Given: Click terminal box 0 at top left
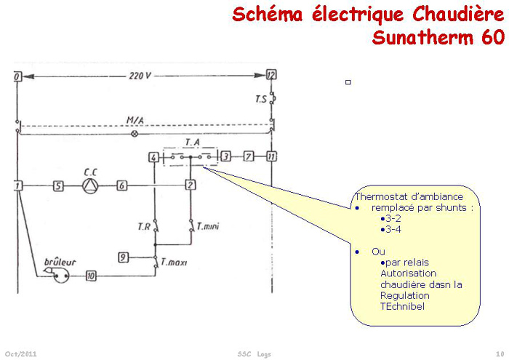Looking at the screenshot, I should coord(17,75).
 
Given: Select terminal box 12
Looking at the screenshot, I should coord(271,75).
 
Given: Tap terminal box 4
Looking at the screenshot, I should coord(153,157).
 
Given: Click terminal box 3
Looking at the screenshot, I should coord(226,156).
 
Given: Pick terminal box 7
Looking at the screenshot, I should coord(249,156).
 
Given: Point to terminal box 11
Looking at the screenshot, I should coord(271,156).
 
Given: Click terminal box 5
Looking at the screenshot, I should coord(57,186).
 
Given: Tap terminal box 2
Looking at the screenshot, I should coord(190,185).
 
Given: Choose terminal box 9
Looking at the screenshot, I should coord(124,257).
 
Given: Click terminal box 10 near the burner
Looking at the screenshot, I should coord(91,276).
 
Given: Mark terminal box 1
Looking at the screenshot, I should coord(17,186).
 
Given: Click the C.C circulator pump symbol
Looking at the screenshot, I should coord(89,186).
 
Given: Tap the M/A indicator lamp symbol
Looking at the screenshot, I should coord(133,135).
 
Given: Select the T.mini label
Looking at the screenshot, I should coord(208,228).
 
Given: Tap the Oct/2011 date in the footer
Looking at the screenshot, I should coord(21,353).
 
